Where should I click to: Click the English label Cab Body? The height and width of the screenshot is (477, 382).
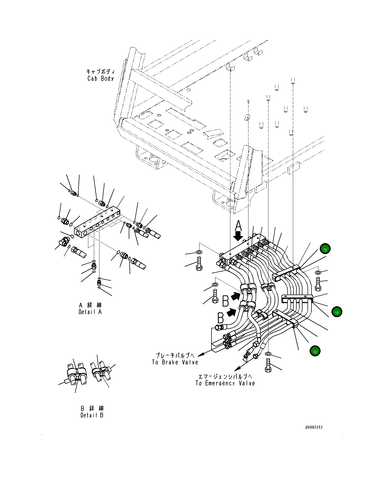[x=101, y=79]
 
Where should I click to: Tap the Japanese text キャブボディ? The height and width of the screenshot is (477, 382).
[x=101, y=72]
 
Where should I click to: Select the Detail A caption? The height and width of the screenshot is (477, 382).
[x=90, y=312]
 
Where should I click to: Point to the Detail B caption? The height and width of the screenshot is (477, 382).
[x=92, y=415]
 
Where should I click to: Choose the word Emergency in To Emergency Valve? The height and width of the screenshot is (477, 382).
[x=220, y=384]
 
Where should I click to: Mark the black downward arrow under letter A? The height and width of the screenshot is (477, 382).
[x=238, y=236]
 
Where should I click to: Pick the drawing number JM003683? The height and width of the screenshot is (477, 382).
[x=314, y=427]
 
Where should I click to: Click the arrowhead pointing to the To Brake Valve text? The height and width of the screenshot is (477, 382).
[x=201, y=354]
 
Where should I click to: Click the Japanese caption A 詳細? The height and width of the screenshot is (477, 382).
[x=90, y=305]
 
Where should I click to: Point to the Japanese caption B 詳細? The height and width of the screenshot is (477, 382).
[x=92, y=408]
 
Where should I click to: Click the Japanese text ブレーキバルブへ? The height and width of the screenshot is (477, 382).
[x=175, y=356]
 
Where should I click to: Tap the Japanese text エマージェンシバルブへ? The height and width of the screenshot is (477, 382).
[x=225, y=377]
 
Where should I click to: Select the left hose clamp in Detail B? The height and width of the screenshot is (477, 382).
[x=77, y=373]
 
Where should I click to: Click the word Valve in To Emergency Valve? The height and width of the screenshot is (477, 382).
[x=247, y=384]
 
